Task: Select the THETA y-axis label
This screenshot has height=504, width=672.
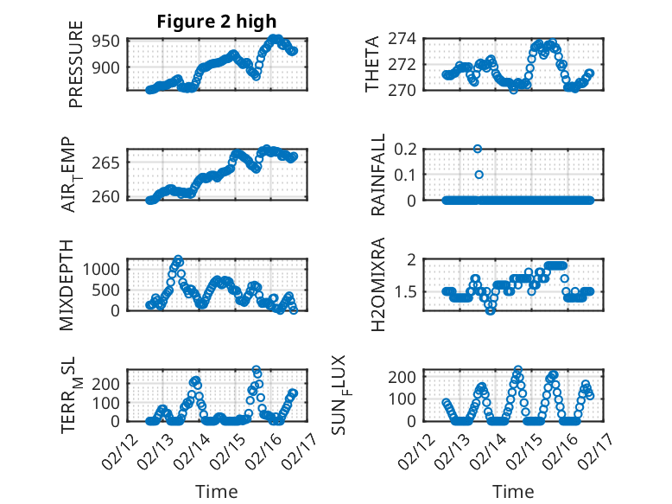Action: click(372, 64)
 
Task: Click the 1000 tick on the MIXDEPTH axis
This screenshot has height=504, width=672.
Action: click(105, 269)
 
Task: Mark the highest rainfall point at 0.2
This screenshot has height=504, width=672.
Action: click(478, 149)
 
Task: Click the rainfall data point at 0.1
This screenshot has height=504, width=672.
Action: click(479, 175)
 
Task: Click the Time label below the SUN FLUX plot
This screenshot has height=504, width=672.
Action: click(513, 492)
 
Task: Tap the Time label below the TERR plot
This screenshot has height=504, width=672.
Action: click(217, 492)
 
